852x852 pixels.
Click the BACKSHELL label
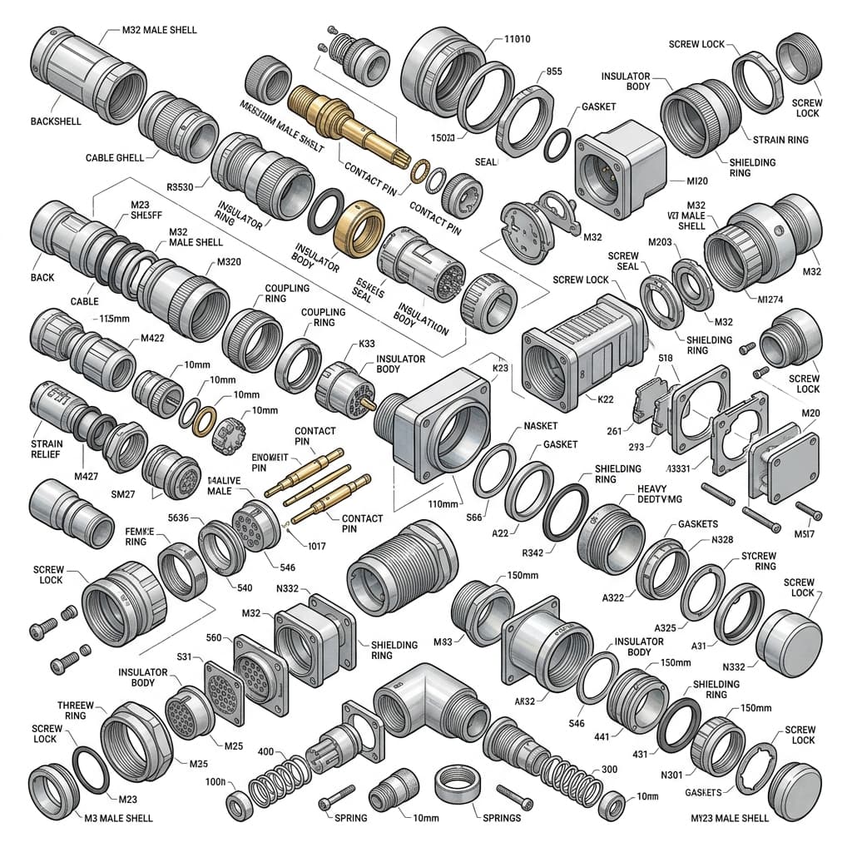pyautogui.click(x=57, y=121)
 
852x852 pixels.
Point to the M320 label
pyautogui.click(x=230, y=261)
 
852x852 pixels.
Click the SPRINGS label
pyautogui.click(x=500, y=818)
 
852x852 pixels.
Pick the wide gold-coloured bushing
pyautogui.click(x=358, y=226)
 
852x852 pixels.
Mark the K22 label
pyautogui.click(x=605, y=399)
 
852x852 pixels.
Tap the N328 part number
pyautogui.click(x=722, y=540)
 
